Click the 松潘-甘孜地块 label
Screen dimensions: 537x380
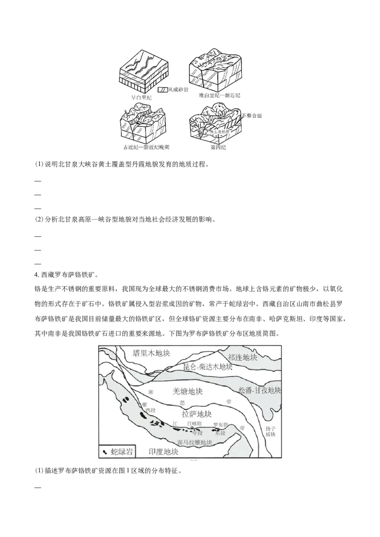[260, 391]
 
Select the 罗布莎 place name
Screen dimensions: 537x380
[221, 424]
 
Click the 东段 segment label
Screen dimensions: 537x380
[220, 433]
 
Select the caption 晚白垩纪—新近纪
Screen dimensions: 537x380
[220, 95]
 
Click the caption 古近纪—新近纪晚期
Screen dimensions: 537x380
[146, 148]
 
